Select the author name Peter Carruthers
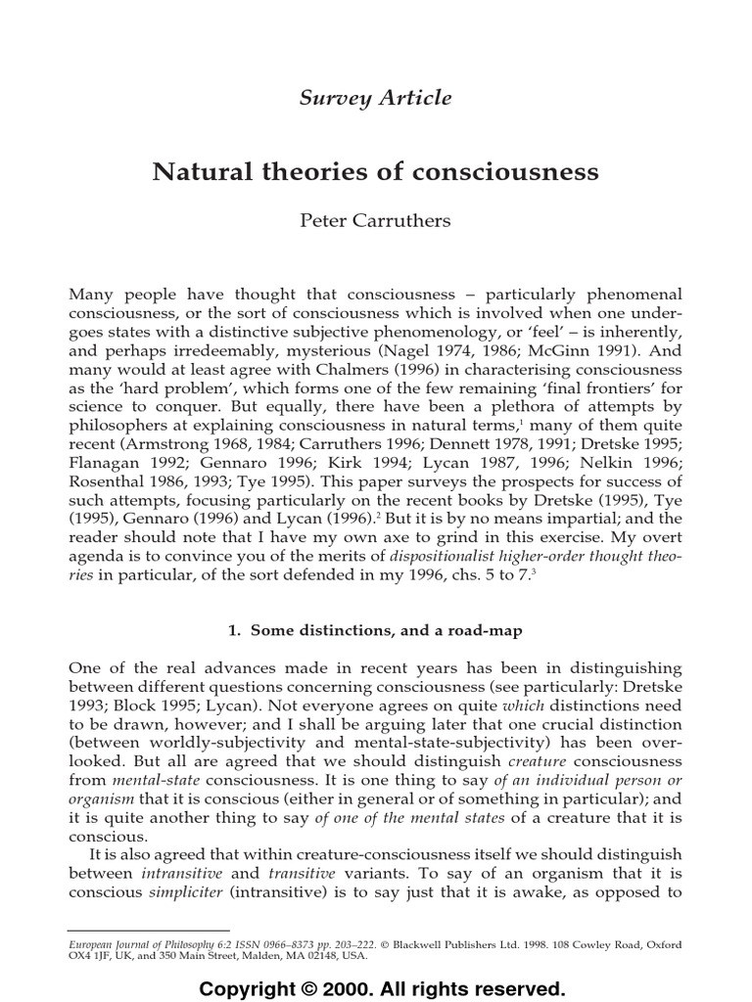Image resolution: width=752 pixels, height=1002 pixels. pyautogui.click(x=375, y=220)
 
